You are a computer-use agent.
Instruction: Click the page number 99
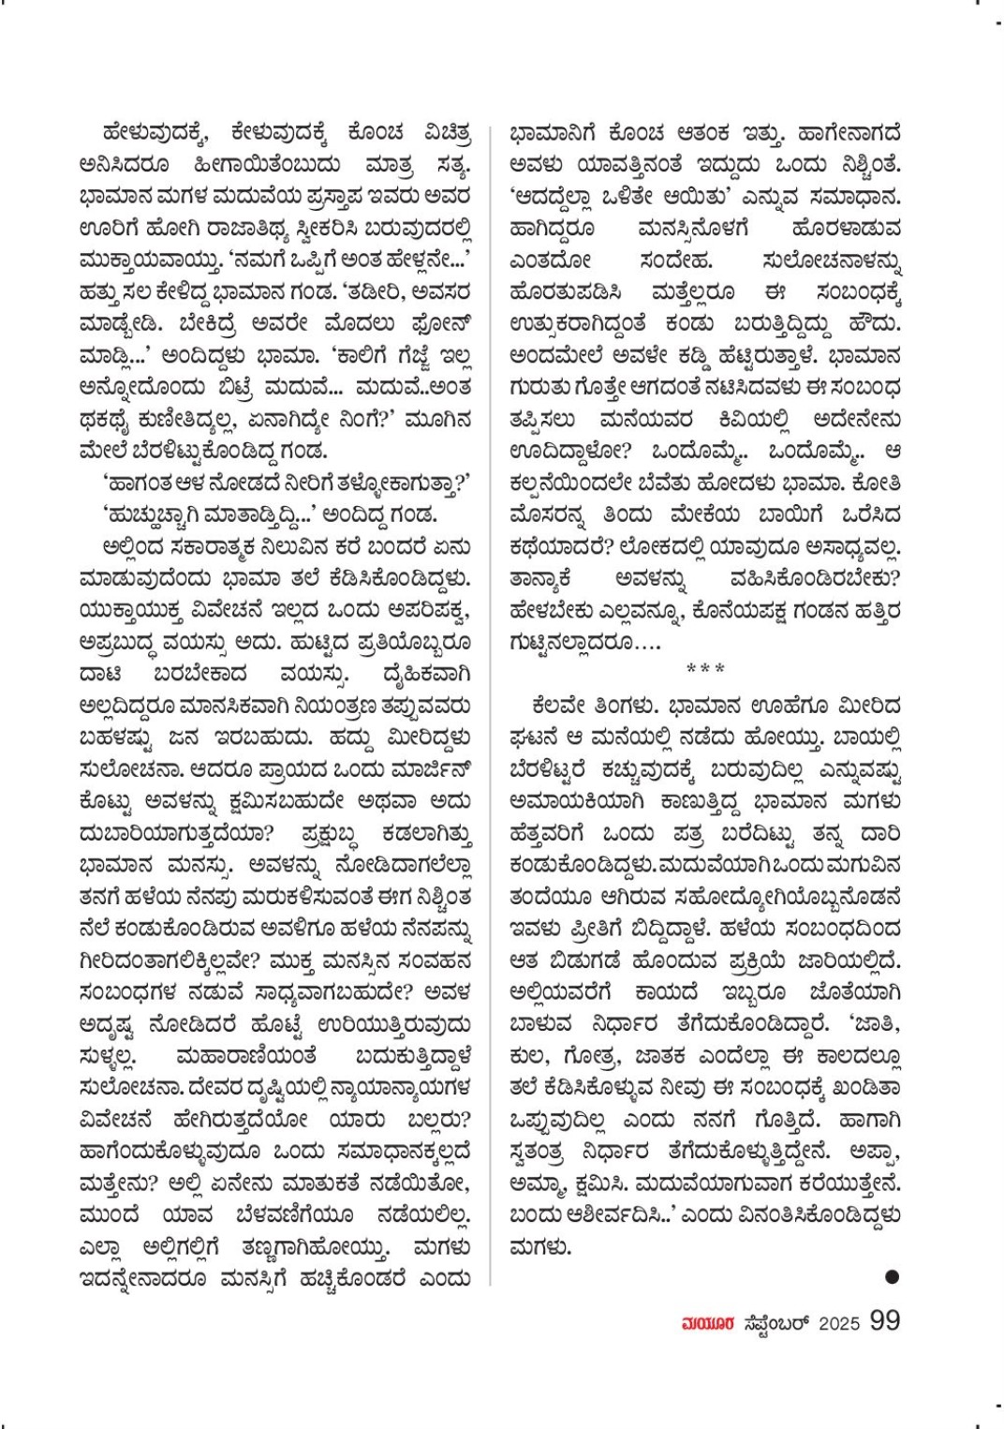[885, 1321]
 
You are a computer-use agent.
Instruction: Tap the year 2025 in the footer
[839, 1322]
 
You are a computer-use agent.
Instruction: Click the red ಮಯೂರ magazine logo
[700, 1323]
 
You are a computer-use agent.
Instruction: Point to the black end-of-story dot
[892, 1275]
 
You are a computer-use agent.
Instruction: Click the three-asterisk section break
[704, 669]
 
